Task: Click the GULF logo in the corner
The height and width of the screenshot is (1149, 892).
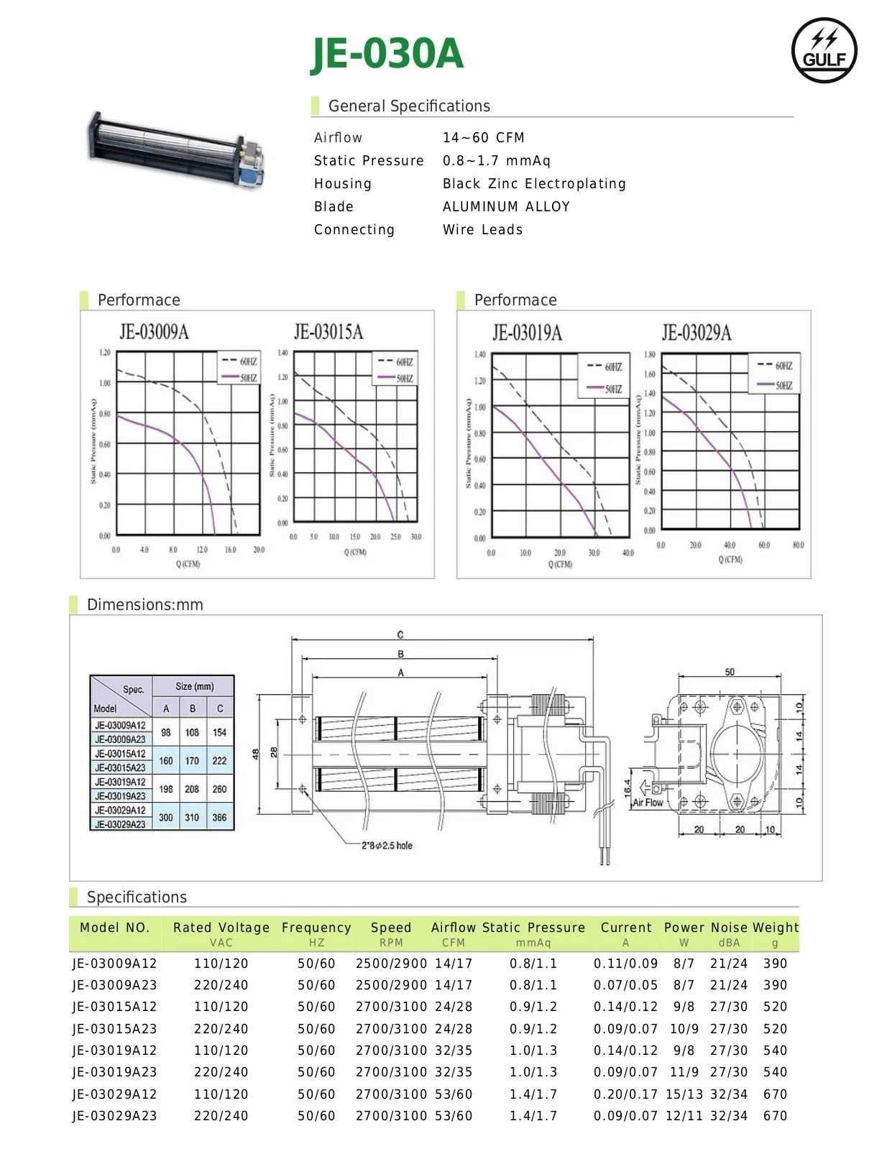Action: click(x=824, y=50)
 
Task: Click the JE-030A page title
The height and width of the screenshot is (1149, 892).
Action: click(x=387, y=53)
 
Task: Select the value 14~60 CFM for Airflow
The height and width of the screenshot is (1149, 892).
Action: click(x=483, y=137)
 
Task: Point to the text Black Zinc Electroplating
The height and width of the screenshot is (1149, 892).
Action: click(x=534, y=183)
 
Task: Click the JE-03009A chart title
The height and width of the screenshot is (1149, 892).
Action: click(x=154, y=331)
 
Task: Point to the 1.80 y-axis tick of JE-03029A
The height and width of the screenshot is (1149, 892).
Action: click(x=649, y=354)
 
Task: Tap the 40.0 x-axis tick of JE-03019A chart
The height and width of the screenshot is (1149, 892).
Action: click(x=628, y=553)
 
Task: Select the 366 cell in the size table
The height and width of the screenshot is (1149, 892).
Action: click(x=219, y=817)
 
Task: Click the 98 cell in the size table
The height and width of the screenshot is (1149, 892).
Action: click(x=166, y=732)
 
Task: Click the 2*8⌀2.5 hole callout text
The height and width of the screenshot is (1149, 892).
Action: click(x=387, y=846)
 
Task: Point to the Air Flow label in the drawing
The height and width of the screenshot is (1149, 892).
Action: click(x=648, y=803)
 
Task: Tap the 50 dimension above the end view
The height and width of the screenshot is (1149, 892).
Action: click(x=730, y=673)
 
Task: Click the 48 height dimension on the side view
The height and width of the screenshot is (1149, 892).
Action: click(x=255, y=754)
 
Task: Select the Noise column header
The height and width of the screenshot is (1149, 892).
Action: click(x=729, y=928)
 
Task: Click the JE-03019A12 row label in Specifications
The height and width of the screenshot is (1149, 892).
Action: click(x=114, y=1051)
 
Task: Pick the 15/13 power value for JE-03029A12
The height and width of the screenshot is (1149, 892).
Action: click(x=684, y=1094)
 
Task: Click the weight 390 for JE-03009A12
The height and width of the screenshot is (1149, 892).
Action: click(x=775, y=964)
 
